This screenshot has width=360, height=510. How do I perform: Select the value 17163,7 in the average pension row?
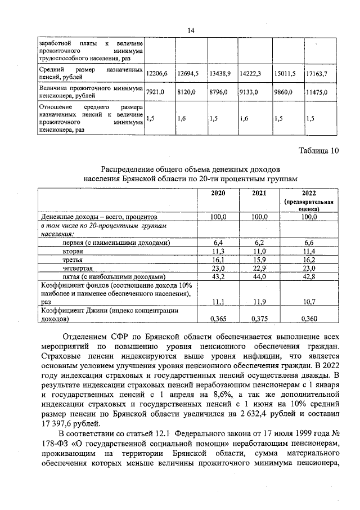click(317, 74)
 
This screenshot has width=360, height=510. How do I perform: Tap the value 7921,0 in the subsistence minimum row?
click(155, 92)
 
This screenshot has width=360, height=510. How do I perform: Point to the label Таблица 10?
click(318, 150)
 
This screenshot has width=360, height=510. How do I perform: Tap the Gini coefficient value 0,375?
click(259, 319)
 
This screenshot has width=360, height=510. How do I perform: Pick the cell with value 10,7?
click(309, 302)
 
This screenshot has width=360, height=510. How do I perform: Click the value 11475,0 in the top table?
click(317, 92)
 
